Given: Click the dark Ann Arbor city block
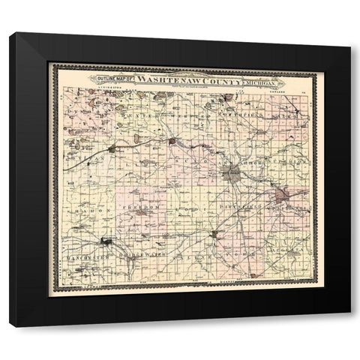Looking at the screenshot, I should pos(232,175).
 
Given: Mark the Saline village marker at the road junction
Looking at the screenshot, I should pos(214,235).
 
